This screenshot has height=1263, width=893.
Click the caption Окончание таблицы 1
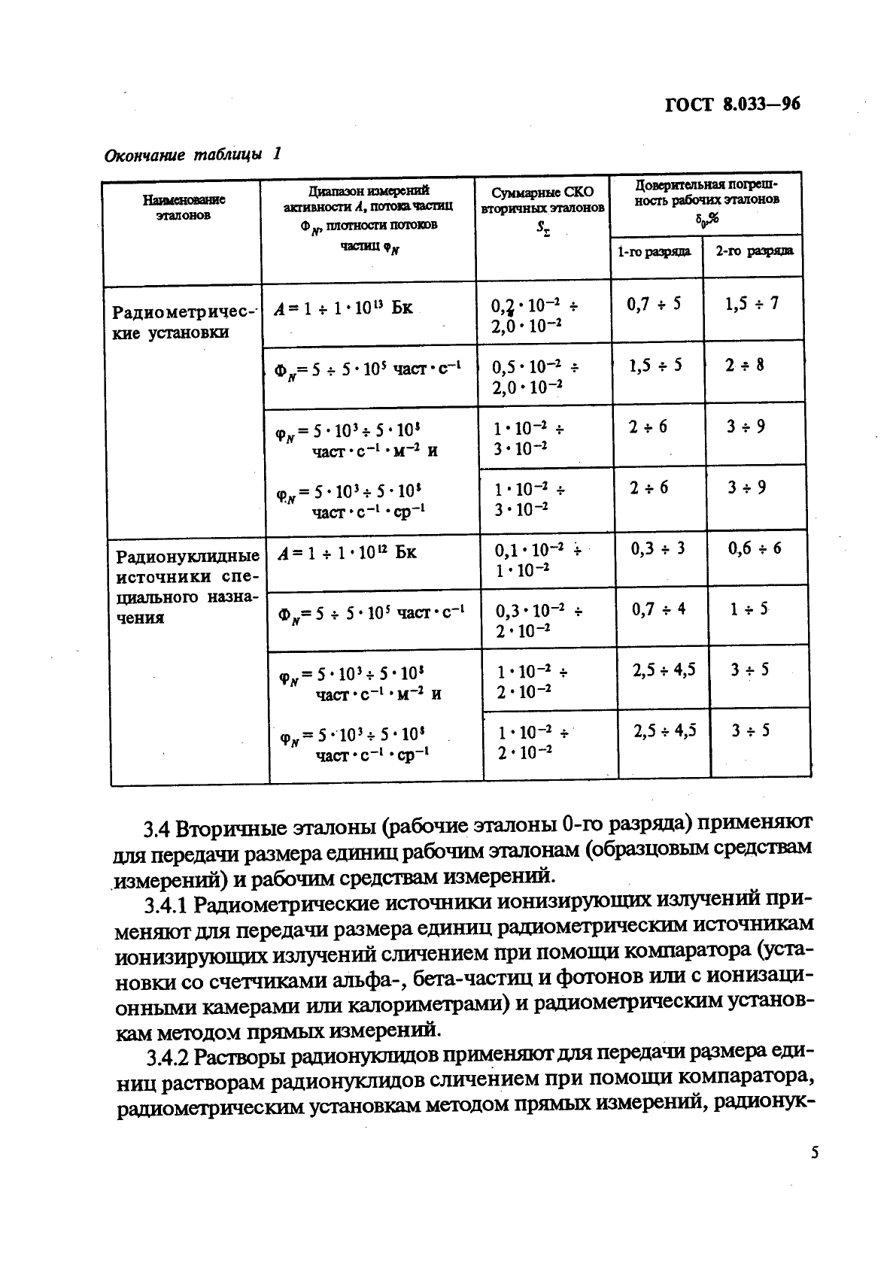coord(192,155)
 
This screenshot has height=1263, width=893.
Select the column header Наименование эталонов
coord(184,207)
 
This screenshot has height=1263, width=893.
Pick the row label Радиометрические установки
coord(184,322)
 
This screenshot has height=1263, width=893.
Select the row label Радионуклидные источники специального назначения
coord(187,587)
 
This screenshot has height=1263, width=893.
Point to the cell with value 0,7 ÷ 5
coord(654,304)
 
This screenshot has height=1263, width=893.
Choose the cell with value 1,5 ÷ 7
coord(752,304)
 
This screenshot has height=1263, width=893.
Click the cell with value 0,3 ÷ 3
coord(658,548)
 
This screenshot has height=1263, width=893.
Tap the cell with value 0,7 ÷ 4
coord(658,609)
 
